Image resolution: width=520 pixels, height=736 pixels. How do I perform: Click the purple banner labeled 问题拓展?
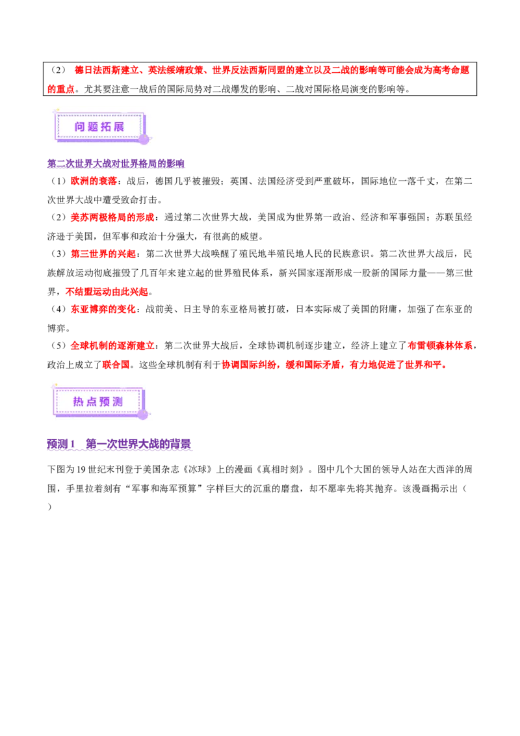coord(101,127)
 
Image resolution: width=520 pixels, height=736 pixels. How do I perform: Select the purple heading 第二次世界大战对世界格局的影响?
coord(116,163)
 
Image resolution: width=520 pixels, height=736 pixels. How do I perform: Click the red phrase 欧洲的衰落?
coord(94,181)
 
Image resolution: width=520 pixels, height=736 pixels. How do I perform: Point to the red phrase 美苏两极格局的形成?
coord(112,217)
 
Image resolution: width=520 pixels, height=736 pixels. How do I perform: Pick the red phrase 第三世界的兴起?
coord(103,254)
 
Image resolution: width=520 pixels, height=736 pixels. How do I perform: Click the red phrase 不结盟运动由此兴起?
coord(107,291)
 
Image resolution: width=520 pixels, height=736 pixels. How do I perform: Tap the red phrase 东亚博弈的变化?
coord(103,309)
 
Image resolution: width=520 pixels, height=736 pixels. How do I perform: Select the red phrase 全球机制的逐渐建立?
coord(112,345)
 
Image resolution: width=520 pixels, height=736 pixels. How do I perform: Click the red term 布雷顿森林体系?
coord(440,345)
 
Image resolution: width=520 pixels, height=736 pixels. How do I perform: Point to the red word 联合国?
coord(116,365)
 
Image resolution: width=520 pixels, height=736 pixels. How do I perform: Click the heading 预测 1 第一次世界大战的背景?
coord(119,443)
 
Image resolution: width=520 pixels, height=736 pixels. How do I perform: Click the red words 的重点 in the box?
coord(61,89)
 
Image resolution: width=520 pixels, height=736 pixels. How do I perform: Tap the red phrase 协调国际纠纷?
coord(249,365)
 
